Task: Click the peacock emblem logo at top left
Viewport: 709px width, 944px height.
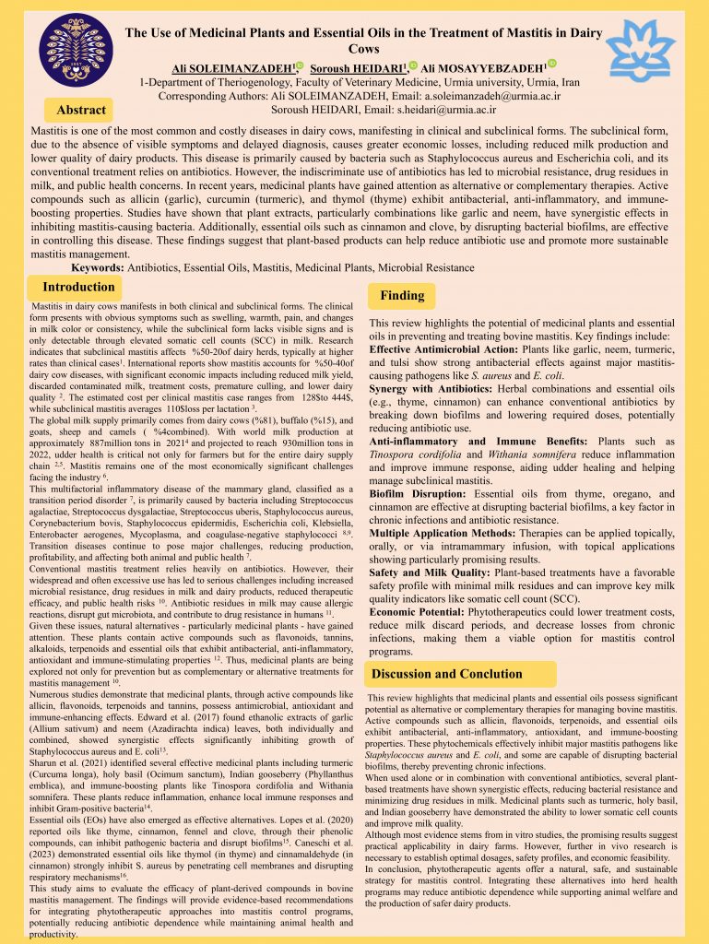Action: click(x=69, y=49)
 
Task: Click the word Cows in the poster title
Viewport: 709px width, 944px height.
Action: click(x=364, y=49)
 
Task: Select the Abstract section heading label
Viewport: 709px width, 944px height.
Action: click(x=81, y=110)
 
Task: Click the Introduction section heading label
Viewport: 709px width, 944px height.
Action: click(x=79, y=288)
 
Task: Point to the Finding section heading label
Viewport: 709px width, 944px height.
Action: click(x=402, y=296)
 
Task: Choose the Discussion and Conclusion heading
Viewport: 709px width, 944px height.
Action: click(x=446, y=674)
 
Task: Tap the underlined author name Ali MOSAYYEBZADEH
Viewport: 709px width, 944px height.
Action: click(x=484, y=68)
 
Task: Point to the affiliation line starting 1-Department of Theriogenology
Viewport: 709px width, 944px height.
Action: click(x=359, y=81)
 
